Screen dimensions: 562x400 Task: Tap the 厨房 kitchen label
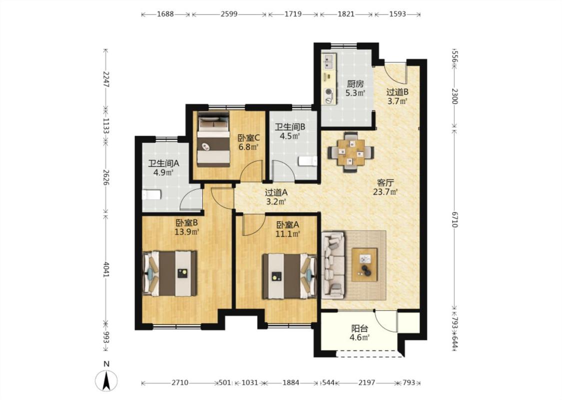355,84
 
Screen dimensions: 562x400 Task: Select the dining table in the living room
351,152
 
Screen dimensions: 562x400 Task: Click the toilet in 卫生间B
308,161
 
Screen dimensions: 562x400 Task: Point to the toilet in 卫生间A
152,195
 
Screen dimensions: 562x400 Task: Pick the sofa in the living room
333,265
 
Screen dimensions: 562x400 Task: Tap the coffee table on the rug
365,264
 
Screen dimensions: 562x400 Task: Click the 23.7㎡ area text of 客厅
386,192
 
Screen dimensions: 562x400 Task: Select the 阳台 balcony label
360,328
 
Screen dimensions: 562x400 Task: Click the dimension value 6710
455,219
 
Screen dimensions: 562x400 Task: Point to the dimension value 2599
229,14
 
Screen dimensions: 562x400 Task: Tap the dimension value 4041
106,269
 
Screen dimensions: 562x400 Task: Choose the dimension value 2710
179,383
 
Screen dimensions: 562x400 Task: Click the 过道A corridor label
276,192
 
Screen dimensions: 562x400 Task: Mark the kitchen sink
329,61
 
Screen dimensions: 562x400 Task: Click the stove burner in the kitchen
329,92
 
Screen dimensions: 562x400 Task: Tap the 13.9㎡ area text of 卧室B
187,232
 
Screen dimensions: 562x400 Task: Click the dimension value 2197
367,383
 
